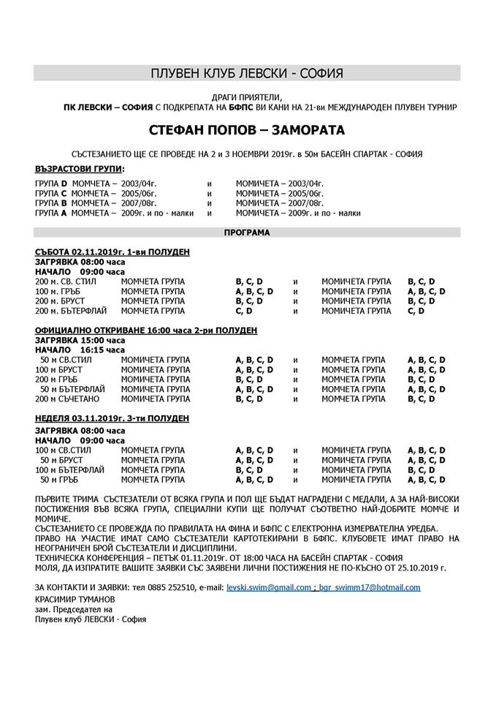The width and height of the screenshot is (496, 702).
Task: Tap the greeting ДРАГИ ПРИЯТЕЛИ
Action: pyautogui.click(x=246, y=97)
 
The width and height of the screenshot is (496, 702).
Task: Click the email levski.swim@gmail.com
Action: pyautogui.click(x=269, y=587)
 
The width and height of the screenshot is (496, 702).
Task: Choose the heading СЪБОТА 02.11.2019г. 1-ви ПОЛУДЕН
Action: pyautogui.click(x=112, y=252)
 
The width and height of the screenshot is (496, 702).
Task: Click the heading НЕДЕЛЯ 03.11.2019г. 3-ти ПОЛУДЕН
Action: pyautogui.click(x=112, y=418)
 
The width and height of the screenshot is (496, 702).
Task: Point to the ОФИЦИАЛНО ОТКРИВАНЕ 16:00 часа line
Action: pyautogui.click(x=146, y=331)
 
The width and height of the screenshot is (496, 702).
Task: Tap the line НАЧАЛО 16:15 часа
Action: pyautogui.click(x=80, y=350)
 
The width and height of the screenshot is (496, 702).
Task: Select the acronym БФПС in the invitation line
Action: pyautogui.click(x=194, y=107)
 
